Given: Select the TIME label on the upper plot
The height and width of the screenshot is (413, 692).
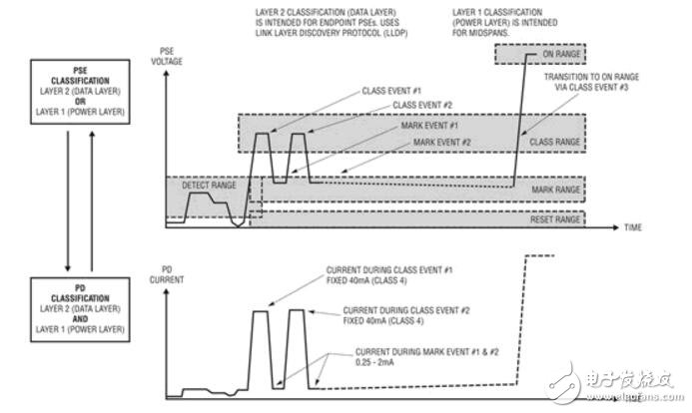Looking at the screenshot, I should [633, 227].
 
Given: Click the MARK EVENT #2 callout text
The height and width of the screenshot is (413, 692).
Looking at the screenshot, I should [446, 142].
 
